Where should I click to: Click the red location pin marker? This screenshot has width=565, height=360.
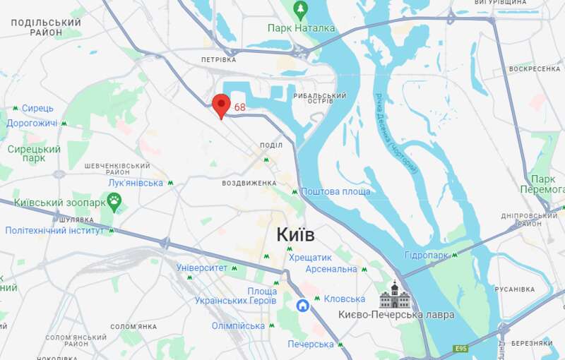[221, 105]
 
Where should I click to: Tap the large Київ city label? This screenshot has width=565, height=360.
[295, 234]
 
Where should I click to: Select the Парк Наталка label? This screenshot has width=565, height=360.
[301, 28]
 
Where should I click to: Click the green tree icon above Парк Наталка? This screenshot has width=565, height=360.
[301, 10]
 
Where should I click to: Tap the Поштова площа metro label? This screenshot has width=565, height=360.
[335, 191]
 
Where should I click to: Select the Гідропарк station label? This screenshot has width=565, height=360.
[427, 254]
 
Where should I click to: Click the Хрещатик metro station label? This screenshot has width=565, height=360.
[310, 258]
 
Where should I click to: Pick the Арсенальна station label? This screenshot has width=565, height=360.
[331, 269]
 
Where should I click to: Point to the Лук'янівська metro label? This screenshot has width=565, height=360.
[136, 183]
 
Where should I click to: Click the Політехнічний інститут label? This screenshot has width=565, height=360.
[54, 230]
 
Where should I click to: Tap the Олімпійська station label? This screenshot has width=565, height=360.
[238, 325]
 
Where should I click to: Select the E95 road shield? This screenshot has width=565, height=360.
[461, 349]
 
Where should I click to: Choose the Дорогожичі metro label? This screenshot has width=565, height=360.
[32, 123]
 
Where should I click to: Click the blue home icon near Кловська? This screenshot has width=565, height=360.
[302, 305]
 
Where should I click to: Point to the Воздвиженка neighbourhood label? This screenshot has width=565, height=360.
[249, 183]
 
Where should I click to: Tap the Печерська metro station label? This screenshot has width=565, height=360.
[310, 344]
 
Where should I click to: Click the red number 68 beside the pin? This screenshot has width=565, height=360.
[240, 107]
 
